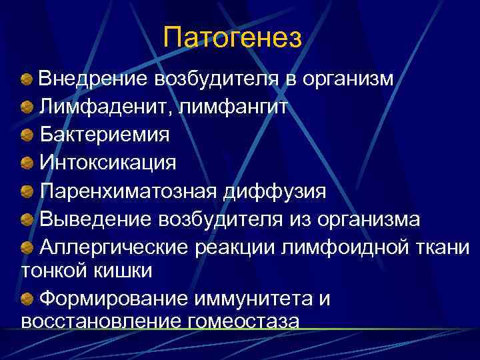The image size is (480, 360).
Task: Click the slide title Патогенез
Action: (233, 37)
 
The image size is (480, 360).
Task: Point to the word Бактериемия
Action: (104, 134)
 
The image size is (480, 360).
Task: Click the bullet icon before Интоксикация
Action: (27, 163)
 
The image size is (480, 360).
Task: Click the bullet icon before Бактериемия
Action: (27, 135)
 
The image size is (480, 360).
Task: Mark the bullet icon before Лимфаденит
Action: (27, 107)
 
